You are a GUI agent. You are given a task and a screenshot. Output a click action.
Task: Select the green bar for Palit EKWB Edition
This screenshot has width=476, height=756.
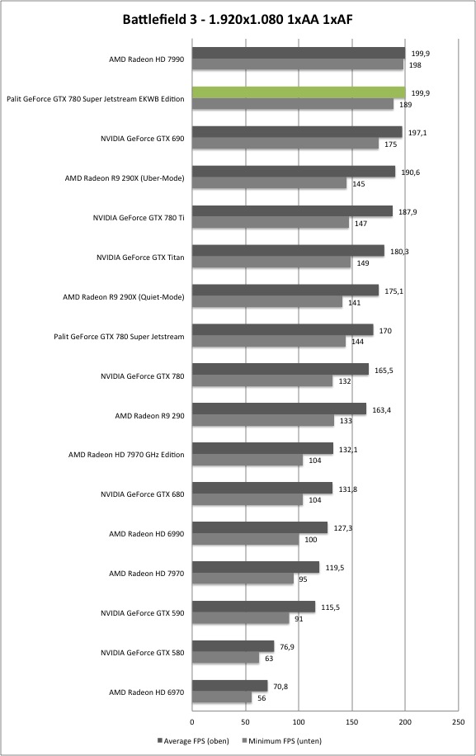(299, 92)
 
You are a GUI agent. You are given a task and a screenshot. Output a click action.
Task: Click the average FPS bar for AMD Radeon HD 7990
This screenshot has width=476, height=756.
(299, 53)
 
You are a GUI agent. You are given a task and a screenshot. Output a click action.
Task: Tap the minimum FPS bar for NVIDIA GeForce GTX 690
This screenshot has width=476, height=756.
(285, 144)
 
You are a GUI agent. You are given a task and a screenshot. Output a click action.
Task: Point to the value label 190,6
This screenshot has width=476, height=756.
(411, 172)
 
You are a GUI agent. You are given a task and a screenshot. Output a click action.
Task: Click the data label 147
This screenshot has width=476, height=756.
(361, 223)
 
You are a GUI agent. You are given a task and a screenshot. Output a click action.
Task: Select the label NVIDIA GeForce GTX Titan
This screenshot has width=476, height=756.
(140, 257)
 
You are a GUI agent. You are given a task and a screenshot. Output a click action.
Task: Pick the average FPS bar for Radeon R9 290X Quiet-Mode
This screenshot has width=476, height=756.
(285, 291)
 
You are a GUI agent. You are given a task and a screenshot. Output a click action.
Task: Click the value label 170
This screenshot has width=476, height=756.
(385, 331)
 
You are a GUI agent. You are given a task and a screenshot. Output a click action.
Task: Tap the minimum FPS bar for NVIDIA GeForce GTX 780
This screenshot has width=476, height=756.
(262, 381)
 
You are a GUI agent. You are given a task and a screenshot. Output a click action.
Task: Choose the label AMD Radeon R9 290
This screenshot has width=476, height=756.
(149, 416)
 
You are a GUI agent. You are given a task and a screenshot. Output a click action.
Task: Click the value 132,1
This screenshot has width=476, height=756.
(348, 449)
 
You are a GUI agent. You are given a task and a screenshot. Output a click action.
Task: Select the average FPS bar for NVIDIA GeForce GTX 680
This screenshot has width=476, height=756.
(262, 488)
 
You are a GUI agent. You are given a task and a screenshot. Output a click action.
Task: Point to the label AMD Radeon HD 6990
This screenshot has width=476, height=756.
(147, 534)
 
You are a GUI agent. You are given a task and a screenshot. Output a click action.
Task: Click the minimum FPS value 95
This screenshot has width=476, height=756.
(303, 579)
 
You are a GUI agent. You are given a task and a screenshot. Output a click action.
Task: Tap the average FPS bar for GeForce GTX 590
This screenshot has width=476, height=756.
(254, 607)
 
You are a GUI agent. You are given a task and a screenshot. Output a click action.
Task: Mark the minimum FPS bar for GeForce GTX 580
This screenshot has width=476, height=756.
(225, 658)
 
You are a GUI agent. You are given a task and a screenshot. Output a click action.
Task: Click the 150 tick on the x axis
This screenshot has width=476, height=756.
(351, 722)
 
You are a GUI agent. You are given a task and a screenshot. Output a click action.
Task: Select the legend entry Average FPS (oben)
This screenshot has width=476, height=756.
(193, 740)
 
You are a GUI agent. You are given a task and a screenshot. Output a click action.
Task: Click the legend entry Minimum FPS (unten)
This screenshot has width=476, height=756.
(282, 740)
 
